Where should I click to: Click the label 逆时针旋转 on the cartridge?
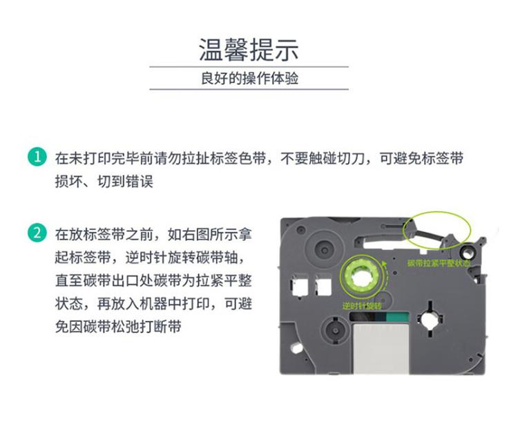point(361,305)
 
